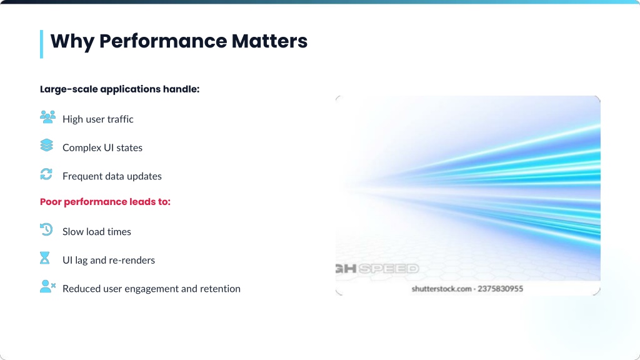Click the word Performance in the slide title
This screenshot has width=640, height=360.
point(163,41)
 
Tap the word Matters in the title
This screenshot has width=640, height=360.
point(269,41)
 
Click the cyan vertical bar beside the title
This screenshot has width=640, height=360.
point(42,44)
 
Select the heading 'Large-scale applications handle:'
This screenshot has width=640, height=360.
point(119,89)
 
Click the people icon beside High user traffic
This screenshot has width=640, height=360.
point(47,117)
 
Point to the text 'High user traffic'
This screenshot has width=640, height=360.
point(98,119)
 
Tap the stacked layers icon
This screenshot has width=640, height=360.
point(46,145)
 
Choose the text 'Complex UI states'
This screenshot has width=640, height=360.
point(102,147)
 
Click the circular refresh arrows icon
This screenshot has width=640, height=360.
point(46,174)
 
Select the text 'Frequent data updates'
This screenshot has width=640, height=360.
point(112,176)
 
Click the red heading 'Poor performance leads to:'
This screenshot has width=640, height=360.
point(105,202)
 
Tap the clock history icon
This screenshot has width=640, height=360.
point(46,229)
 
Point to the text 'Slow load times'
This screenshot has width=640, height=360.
point(97,231)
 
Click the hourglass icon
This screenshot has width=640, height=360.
point(45,258)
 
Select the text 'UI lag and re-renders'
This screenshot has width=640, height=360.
point(109,260)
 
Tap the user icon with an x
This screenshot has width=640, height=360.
point(47,286)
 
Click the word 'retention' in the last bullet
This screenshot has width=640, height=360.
point(221,289)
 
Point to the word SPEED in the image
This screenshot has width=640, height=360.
point(389,269)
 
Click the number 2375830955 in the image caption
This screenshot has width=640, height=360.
point(501,289)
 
